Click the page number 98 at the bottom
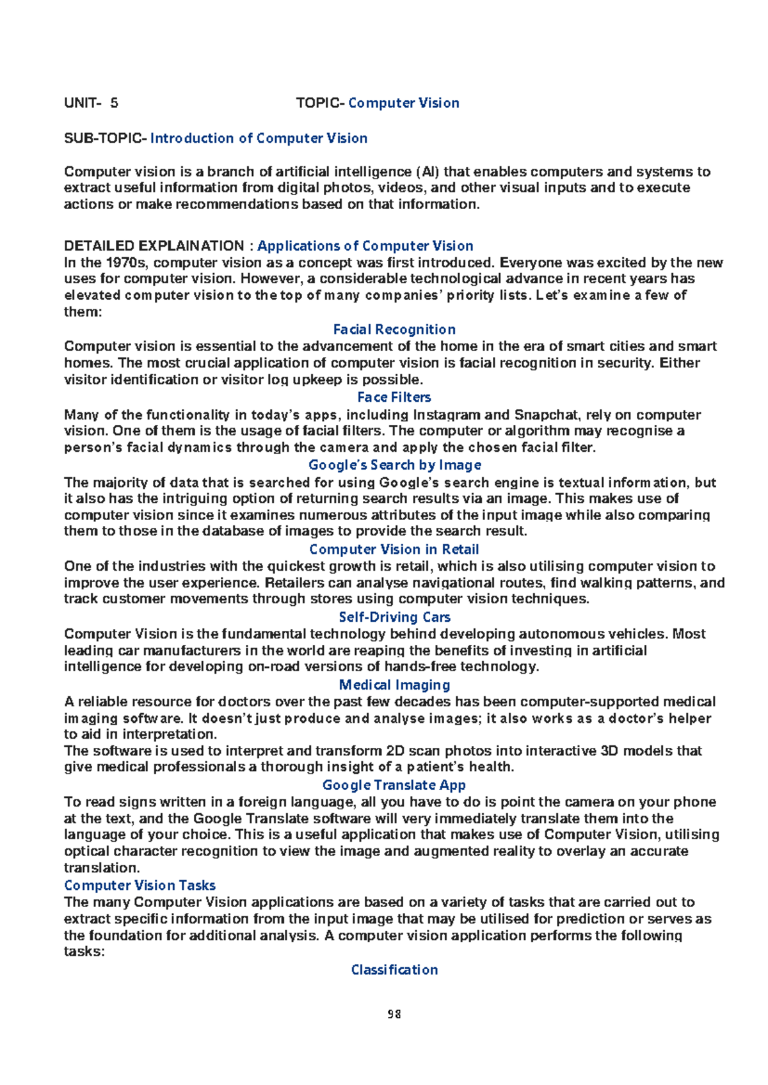pyautogui.click(x=394, y=1014)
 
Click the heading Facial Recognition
pyautogui.click(x=394, y=329)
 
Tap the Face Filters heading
pyautogui.click(x=394, y=397)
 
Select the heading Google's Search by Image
pyautogui.click(x=395, y=465)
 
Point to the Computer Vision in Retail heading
pyautogui.click(x=394, y=550)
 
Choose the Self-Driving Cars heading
pyautogui.click(x=394, y=617)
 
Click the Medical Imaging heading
pyautogui.click(x=394, y=685)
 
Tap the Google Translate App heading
pyautogui.click(x=394, y=785)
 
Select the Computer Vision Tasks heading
pyautogui.click(x=140, y=885)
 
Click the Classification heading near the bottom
pyautogui.click(x=394, y=970)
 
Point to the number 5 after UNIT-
pyautogui.click(x=114, y=103)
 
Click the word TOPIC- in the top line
pyautogui.click(x=321, y=103)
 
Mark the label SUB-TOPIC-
pyautogui.click(x=106, y=138)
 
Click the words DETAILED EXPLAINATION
pyautogui.click(x=154, y=246)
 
